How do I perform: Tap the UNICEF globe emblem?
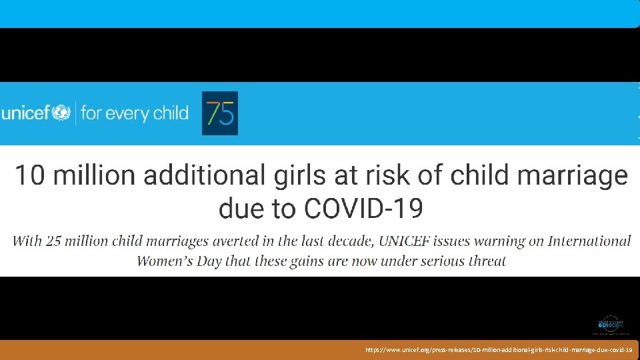tap(61, 113)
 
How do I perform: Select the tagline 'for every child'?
tap(135, 113)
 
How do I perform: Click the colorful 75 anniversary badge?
tap(219, 113)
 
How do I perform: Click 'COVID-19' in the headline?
tap(363, 209)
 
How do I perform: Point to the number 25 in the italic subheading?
tap(54, 241)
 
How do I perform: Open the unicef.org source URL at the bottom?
tap(499, 349)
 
